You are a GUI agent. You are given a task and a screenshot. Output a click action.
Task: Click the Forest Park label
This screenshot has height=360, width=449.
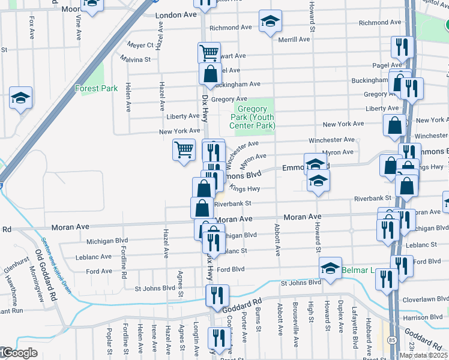(x=96, y=88)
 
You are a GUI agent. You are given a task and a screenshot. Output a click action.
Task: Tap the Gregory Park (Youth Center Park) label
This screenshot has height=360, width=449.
(x=252, y=118)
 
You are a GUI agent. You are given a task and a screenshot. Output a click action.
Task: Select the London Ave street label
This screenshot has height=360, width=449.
(x=176, y=15)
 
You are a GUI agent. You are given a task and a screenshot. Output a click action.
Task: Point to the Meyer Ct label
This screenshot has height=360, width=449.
(x=140, y=44)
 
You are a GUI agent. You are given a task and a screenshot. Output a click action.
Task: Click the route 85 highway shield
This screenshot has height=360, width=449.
(x=392, y=340)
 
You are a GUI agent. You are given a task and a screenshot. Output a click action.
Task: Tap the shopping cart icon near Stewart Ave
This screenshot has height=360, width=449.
(x=209, y=52)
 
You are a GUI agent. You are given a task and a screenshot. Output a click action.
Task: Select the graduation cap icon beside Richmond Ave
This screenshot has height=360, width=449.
(x=270, y=22)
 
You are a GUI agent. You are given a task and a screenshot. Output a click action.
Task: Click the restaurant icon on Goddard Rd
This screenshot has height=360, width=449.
(x=216, y=295)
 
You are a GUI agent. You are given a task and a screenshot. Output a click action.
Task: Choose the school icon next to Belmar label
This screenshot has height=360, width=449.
(x=330, y=268)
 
